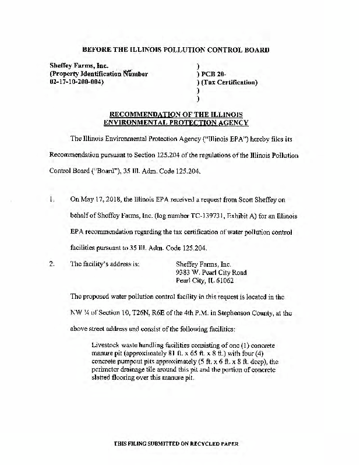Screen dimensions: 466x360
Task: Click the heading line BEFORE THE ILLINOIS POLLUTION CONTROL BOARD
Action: click(175, 50)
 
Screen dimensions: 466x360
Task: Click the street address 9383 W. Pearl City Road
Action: click(211, 272)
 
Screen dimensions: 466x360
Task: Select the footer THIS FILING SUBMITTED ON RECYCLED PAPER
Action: click(175, 444)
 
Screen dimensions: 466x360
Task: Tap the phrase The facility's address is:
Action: click(105, 263)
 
